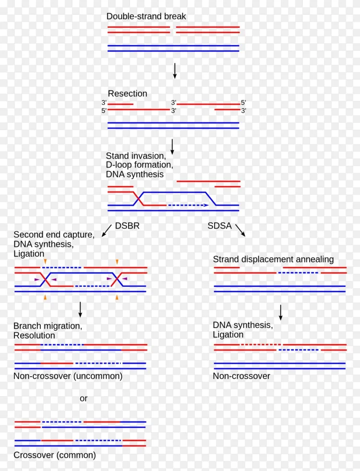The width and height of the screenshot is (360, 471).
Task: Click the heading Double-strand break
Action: (x=146, y=16)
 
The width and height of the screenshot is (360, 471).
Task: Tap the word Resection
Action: (x=127, y=94)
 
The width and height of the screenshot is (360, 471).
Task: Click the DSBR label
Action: (x=127, y=226)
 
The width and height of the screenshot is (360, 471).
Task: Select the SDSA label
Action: (x=219, y=226)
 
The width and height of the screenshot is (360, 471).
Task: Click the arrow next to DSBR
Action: (x=107, y=230)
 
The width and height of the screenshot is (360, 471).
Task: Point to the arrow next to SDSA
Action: (x=240, y=230)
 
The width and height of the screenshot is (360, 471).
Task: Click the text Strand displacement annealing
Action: (x=273, y=259)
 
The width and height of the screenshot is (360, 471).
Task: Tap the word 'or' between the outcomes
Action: (x=84, y=399)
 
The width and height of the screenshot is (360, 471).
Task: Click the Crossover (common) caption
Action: (x=55, y=455)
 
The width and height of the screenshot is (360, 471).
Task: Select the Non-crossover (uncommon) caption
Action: (x=68, y=376)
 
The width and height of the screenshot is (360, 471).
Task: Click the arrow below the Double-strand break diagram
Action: (x=174, y=71)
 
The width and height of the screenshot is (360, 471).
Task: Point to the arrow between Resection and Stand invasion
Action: (x=172, y=147)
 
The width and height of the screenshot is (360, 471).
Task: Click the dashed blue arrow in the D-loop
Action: (x=188, y=205)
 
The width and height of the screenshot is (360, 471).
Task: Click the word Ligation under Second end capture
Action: (x=29, y=254)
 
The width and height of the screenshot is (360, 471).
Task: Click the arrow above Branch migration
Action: (x=80, y=310)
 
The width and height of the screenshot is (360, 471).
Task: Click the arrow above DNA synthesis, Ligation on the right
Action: (x=280, y=313)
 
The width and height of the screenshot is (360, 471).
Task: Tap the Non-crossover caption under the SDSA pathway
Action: (x=241, y=376)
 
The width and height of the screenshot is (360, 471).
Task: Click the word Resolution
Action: (x=34, y=336)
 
